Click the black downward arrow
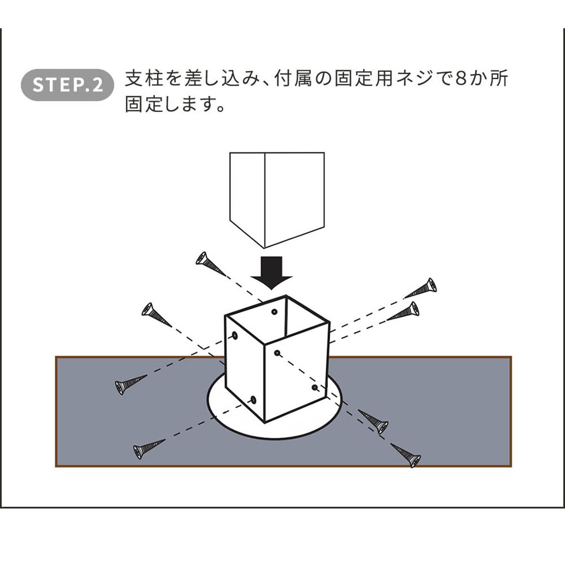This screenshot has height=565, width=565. click(272, 272)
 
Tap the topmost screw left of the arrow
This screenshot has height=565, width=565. click(210, 264)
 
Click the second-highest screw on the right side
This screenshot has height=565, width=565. click(404, 312)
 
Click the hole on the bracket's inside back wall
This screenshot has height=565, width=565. click(275, 312)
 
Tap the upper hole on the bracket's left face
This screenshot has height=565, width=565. click(234, 335)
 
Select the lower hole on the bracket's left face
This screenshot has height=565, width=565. click(253, 400)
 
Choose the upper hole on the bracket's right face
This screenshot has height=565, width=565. click(277, 352)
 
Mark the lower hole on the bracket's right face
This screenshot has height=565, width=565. click(315, 387)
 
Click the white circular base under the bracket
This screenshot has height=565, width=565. click(278, 428)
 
